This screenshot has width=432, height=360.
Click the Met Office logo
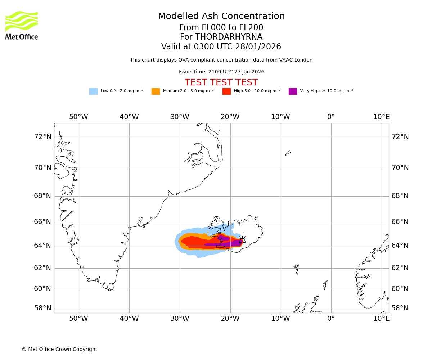pos(22,25)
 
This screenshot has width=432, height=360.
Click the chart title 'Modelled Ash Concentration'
pos(221,17)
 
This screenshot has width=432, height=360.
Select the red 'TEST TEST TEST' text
pos(221,82)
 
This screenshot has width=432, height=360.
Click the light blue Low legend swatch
pos(93,91)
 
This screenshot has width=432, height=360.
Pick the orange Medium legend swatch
pos(156,91)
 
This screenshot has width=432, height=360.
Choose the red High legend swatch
pos(226,91)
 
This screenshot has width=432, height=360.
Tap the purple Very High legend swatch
pos(293,91)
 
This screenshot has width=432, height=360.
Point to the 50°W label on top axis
pos(78,117)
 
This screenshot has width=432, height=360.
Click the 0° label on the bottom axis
pos(331,319)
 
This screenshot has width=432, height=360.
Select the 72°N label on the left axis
pos(42,137)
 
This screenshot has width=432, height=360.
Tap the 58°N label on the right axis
pos(400,308)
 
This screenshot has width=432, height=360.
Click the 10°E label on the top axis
pos(381,117)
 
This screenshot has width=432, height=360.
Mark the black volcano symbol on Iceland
pos(242,240)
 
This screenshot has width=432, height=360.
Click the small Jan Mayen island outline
pos(288,153)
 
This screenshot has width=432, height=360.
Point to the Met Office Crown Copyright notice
pos(59,350)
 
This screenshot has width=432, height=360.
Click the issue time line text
pos(221,72)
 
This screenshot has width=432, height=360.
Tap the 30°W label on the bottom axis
pos(180,319)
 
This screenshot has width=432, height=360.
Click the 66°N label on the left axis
pos(42,222)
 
